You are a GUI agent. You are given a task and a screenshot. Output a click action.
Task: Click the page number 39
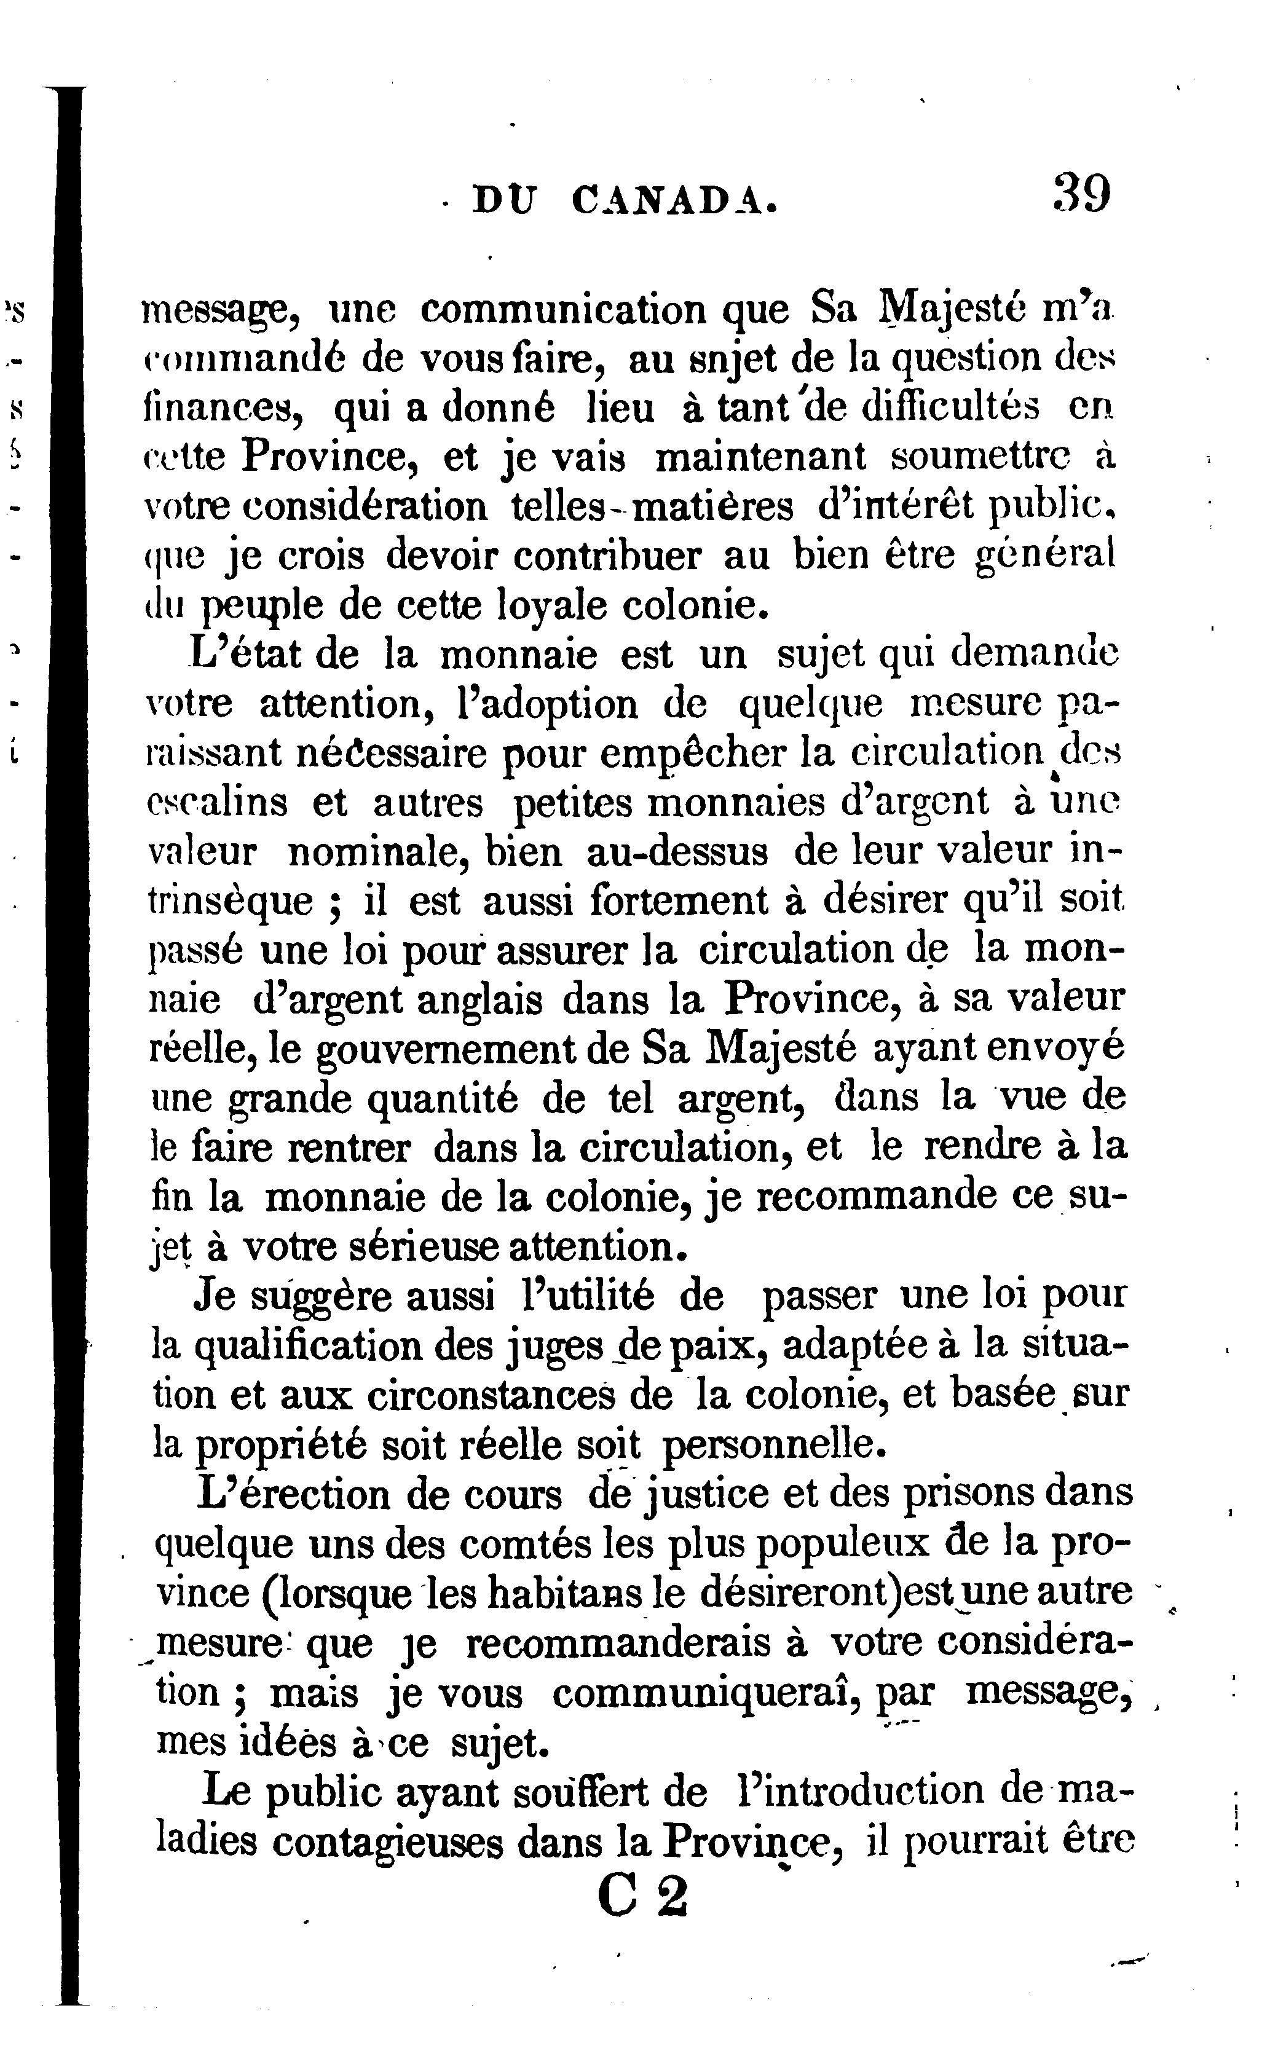coord(1081,195)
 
